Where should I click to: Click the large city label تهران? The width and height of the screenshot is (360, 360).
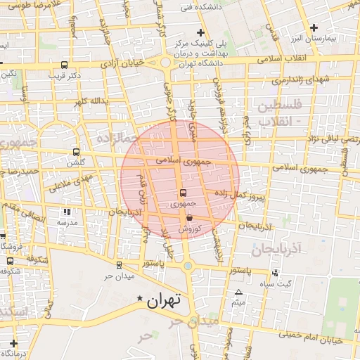163,300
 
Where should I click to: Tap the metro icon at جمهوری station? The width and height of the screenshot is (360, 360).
183,193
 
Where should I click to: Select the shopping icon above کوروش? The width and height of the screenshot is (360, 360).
190,218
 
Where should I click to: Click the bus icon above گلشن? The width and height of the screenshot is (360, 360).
77,152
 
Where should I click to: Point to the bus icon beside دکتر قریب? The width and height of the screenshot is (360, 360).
56,74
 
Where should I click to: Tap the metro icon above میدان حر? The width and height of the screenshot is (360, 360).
118,265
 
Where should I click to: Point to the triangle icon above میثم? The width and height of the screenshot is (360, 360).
239,292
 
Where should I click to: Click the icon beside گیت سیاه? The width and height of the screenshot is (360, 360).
274,273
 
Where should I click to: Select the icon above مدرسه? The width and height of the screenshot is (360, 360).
67,212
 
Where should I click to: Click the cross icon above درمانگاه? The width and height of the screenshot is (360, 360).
13,343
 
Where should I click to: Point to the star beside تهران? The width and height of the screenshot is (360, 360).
139,300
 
